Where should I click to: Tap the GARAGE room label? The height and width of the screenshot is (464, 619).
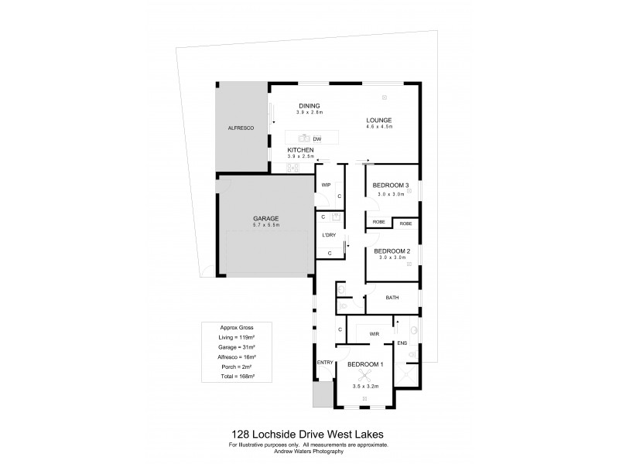tap(266, 218)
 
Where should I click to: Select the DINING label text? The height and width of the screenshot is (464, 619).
tap(309, 106)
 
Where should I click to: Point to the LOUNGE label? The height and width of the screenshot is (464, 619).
tap(379, 120)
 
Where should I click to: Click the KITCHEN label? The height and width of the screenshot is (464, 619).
tap(300, 149)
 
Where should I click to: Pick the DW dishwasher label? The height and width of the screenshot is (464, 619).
tap(317, 139)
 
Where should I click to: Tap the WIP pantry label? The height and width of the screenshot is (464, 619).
tap(327, 185)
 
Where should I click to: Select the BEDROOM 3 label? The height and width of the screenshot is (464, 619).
tap(391, 186)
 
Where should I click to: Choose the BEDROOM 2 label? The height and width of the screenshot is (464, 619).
tap(392, 251)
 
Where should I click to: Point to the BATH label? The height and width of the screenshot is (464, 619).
tap(392, 297)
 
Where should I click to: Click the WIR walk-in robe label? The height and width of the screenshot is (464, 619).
tap(374, 333)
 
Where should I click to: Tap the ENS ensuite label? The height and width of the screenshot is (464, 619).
tap(402, 343)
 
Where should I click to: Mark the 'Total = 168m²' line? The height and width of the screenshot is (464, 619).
tap(237, 376)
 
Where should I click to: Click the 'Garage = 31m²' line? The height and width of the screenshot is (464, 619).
tap(237, 347)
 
